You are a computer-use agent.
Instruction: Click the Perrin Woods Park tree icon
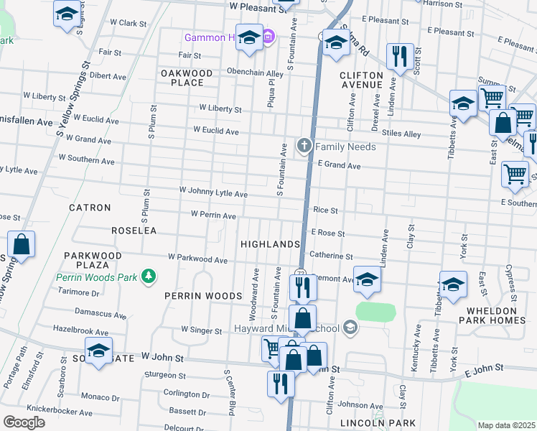tap(148, 277)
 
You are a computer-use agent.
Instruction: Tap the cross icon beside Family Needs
tap(304, 147)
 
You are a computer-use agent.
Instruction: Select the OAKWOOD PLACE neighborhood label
tap(187, 78)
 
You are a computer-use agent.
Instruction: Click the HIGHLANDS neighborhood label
tap(270, 244)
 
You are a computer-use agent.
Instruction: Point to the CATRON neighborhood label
tap(90, 208)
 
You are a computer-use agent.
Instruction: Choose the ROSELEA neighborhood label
tap(134, 231)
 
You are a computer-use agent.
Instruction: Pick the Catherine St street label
tap(331, 255)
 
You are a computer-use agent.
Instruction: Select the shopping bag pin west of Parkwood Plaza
tap(22, 244)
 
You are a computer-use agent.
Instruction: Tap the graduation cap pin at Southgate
tap(98, 352)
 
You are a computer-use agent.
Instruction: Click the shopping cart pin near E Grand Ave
tap(515, 174)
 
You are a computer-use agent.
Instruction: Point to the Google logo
tap(24, 422)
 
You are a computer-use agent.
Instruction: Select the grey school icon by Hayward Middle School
tap(350, 328)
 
